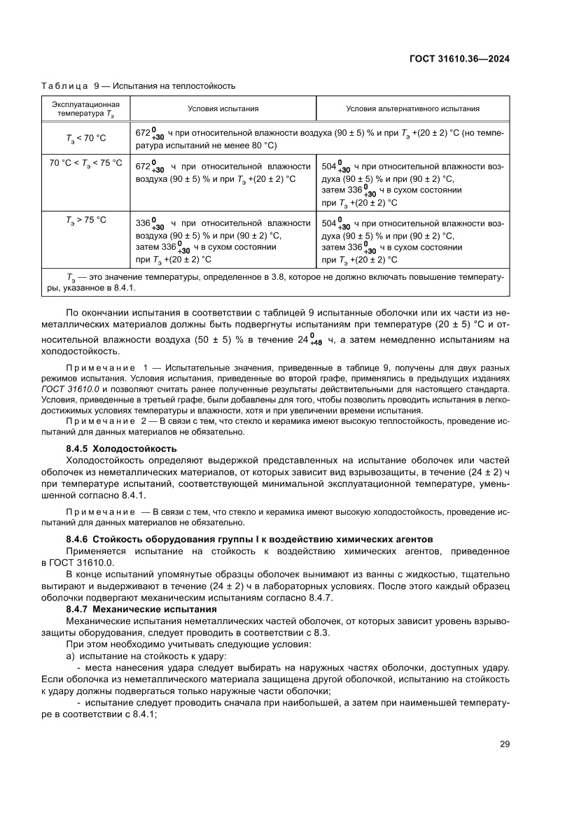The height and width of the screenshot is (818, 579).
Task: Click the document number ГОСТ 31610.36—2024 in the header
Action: (x=459, y=59)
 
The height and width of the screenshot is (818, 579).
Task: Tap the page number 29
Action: (x=504, y=744)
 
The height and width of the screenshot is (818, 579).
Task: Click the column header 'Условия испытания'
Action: (x=223, y=108)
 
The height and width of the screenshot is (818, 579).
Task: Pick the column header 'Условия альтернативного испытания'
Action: (x=412, y=108)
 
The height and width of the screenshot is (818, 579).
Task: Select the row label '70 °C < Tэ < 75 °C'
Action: (x=86, y=163)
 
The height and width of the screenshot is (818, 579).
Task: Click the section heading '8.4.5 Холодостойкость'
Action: (x=120, y=448)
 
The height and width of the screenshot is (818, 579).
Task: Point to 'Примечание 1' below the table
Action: (x=107, y=367)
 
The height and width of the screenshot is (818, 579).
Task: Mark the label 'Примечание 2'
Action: (x=107, y=422)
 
